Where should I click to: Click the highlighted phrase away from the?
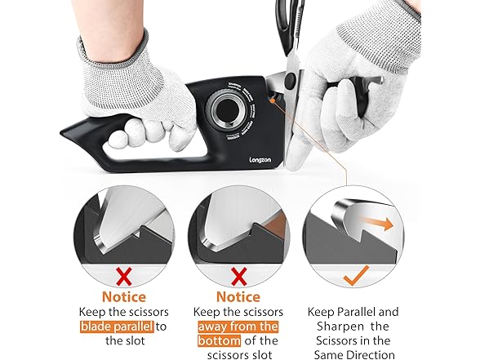pos(239,326)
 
